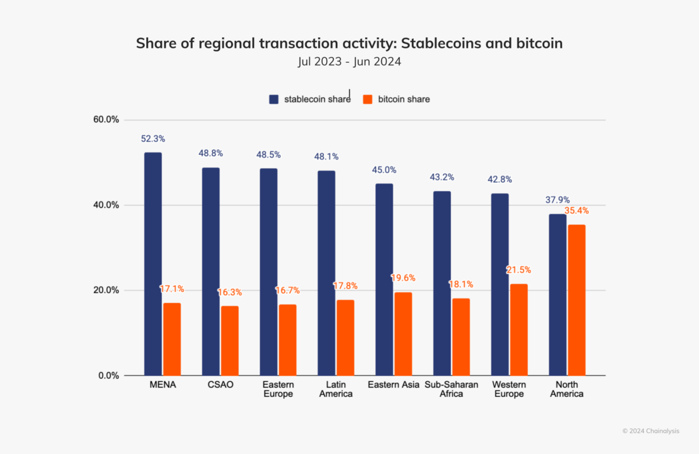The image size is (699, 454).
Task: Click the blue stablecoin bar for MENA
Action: point(153,264)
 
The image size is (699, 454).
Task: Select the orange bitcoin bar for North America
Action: point(576,300)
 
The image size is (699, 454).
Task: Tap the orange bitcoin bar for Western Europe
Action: point(518,329)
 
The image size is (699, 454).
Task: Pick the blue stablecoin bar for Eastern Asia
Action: point(384,279)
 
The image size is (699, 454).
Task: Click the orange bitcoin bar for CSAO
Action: point(230,340)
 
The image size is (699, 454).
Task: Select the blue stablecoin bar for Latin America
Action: point(326,273)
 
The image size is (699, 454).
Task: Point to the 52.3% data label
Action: point(153,139)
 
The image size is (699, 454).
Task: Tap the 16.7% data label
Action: point(287,290)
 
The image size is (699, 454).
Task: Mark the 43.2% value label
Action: point(442,177)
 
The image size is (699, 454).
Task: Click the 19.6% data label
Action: point(403,278)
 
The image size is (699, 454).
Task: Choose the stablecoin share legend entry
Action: point(317,100)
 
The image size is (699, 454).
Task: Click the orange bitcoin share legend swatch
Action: point(368,100)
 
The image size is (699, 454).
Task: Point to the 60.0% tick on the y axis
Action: point(106,120)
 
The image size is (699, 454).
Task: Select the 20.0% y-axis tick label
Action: point(106,290)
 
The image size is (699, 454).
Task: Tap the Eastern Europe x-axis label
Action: point(278,389)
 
